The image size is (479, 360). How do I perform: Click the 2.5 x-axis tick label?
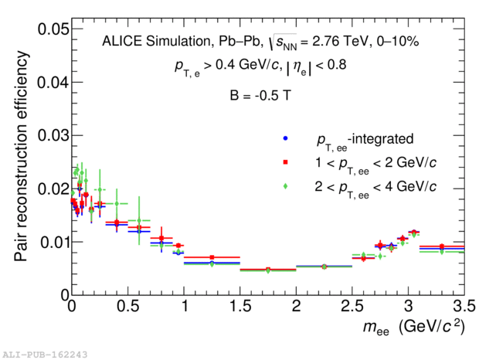click(x=352, y=306)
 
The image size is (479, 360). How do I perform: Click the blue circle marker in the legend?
click(x=286, y=139)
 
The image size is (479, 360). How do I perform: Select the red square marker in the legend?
click(x=286, y=162)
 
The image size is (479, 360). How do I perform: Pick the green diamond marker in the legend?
click(x=286, y=186)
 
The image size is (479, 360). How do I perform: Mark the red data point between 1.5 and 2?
click(x=268, y=270)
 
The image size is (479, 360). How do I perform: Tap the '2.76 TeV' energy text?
click(x=333, y=42)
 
